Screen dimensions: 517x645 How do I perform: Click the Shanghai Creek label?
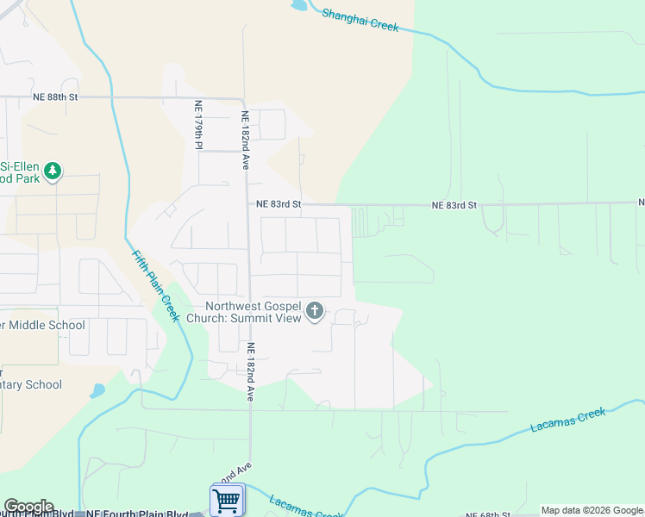click(x=360, y=19)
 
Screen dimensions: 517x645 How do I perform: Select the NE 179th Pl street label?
click(x=197, y=125)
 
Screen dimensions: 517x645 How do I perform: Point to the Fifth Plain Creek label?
click(x=155, y=285)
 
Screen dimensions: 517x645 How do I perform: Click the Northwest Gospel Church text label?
click(x=254, y=312)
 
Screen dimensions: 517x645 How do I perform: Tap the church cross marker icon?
click(x=316, y=311)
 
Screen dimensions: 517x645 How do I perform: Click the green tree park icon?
click(x=53, y=171)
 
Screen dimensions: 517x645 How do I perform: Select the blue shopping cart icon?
click(x=226, y=499)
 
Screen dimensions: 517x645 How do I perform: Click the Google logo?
click(x=28, y=507)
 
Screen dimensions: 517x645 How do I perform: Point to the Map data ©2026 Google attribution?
click(x=592, y=510)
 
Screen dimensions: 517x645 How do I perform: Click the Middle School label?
click(x=42, y=325)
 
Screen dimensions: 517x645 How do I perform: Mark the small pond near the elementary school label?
click(x=97, y=390)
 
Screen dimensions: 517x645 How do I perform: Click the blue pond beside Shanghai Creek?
click(x=299, y=5)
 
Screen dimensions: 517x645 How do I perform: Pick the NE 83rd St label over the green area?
click(x=454, y=205)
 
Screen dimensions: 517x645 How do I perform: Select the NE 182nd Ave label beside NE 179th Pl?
click(x=246, y=139)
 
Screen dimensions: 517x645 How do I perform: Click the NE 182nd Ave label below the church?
click(x=251, y=372)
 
